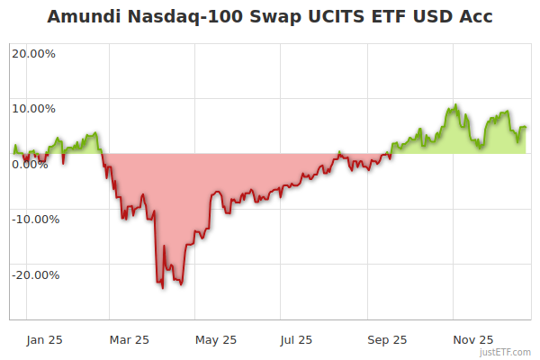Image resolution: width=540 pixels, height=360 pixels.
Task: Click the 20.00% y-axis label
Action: pos(33,53)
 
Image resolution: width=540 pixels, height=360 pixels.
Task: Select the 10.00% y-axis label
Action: pos(33,109)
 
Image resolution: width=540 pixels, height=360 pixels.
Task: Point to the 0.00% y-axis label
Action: pos(30,165)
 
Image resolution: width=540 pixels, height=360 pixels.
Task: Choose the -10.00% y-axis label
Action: pos(35,220)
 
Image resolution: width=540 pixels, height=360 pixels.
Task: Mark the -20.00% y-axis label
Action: pos(35,275)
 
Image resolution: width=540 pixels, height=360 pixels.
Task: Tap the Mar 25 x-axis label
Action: pos(129,339)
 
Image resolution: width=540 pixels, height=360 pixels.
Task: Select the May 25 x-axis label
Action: pos(216,339)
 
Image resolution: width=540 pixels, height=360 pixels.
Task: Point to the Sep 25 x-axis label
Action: pos(387,339)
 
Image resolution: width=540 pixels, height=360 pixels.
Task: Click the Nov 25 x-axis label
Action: pos(473,339)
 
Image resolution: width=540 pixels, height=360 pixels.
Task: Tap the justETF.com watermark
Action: pos(505,352)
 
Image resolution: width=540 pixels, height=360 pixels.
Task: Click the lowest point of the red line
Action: pos(162,287)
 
